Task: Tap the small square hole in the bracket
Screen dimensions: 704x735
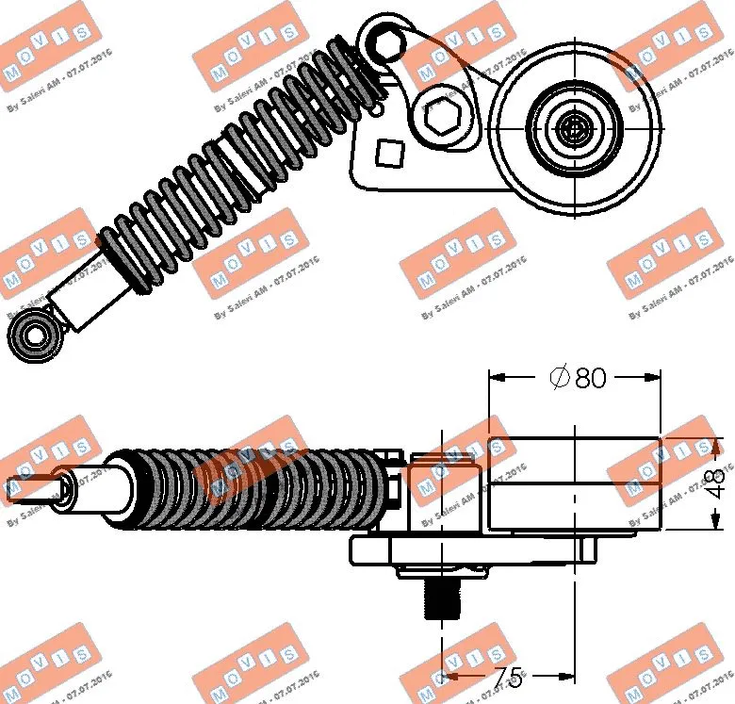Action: (388, 152)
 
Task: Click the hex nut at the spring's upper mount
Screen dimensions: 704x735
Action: (384, 41)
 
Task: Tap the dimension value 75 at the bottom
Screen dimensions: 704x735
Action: (506, 677)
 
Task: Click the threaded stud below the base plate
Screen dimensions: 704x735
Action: (441, 598)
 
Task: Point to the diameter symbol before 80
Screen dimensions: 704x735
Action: (559, 378)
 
